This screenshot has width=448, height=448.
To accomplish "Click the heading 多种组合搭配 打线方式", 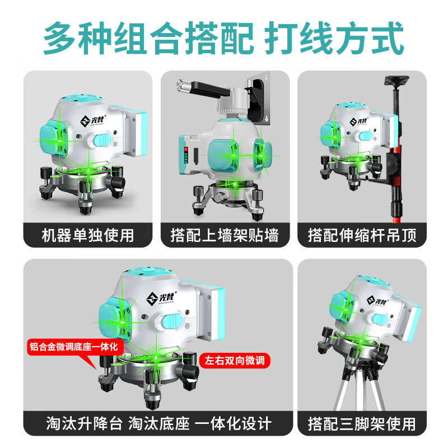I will [x=224, y=38].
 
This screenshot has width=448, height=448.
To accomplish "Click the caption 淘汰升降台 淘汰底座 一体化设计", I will [x=158, y=423].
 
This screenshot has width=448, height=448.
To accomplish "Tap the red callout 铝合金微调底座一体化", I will [x=74, y=347].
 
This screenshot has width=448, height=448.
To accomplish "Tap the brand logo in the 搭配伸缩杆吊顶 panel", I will [x=359, y=121].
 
